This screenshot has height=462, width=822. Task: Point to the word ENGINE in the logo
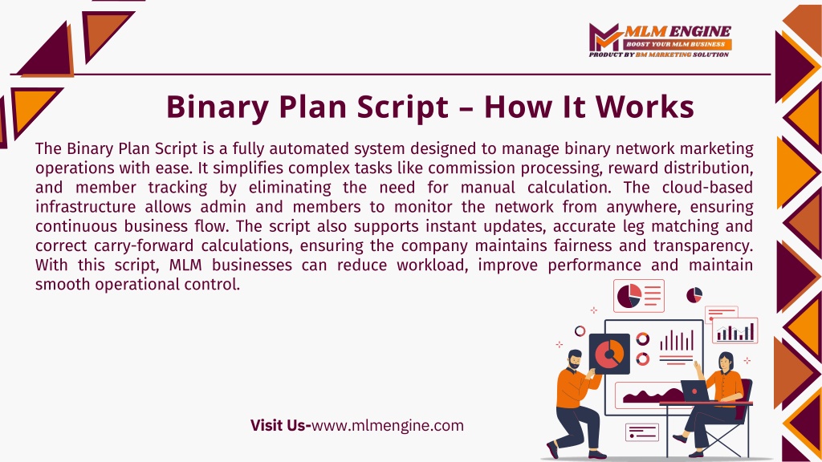[699, 31]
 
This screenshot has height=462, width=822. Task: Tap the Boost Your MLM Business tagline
[676, 45]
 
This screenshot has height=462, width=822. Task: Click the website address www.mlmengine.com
[388, 425]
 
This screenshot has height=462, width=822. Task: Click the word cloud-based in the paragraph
[707, 187]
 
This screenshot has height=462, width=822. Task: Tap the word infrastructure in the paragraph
[85, 206]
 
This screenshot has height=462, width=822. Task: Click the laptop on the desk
[695, 391]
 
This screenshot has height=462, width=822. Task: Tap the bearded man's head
[575, 359]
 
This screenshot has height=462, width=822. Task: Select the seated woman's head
[726, 362]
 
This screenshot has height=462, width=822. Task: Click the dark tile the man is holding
[609, 354]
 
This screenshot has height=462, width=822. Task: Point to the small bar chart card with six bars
[735, 330]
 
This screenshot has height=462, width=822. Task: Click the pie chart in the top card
[629, 296]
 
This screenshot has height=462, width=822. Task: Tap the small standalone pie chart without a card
[694, 295]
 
